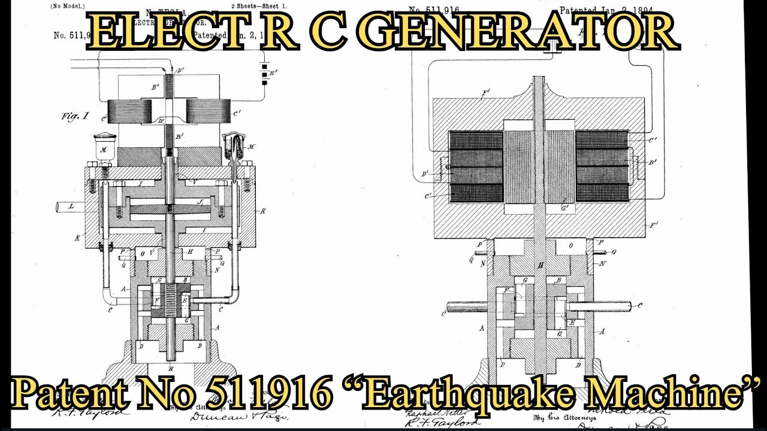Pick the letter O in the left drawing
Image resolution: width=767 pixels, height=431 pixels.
coord(143,254)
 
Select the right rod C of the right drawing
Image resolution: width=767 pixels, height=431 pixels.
coord(599,306)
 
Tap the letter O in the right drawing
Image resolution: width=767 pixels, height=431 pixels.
coord(569,245)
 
